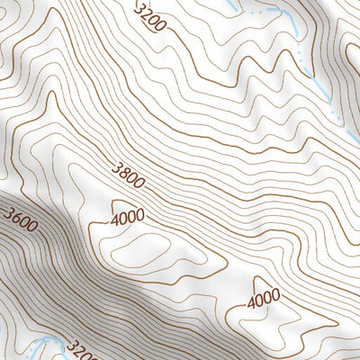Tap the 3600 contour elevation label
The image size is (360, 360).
(20, 220)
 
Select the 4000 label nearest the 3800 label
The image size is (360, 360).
(130, 219)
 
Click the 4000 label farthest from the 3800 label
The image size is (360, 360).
(264, 296)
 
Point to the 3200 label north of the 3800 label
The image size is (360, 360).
(149, 17)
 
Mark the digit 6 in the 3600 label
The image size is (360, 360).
(15, 218)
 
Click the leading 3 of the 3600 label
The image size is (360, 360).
(8, 214)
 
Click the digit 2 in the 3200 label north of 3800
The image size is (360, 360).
(146, 13)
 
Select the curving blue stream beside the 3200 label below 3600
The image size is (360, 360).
(45, 346)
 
